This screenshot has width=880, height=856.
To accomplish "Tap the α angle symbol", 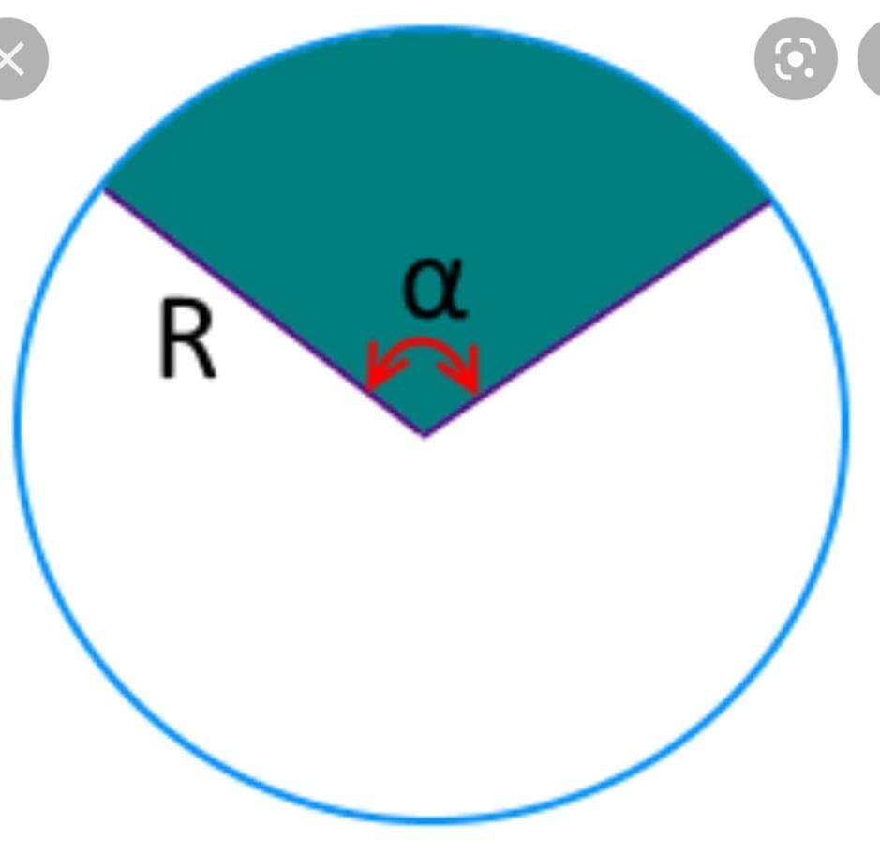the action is tap(433, 288).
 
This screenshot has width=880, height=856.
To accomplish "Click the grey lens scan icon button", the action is tap(796, 59).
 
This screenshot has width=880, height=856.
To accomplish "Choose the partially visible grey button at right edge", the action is tap(871, 59).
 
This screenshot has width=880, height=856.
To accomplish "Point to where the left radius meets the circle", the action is tap(104, 188).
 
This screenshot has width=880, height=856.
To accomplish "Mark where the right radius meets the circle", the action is tap(769, 201).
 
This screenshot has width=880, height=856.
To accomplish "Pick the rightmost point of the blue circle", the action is tap(845, 422).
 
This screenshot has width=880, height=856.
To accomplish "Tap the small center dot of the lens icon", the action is tap(796, 59).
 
